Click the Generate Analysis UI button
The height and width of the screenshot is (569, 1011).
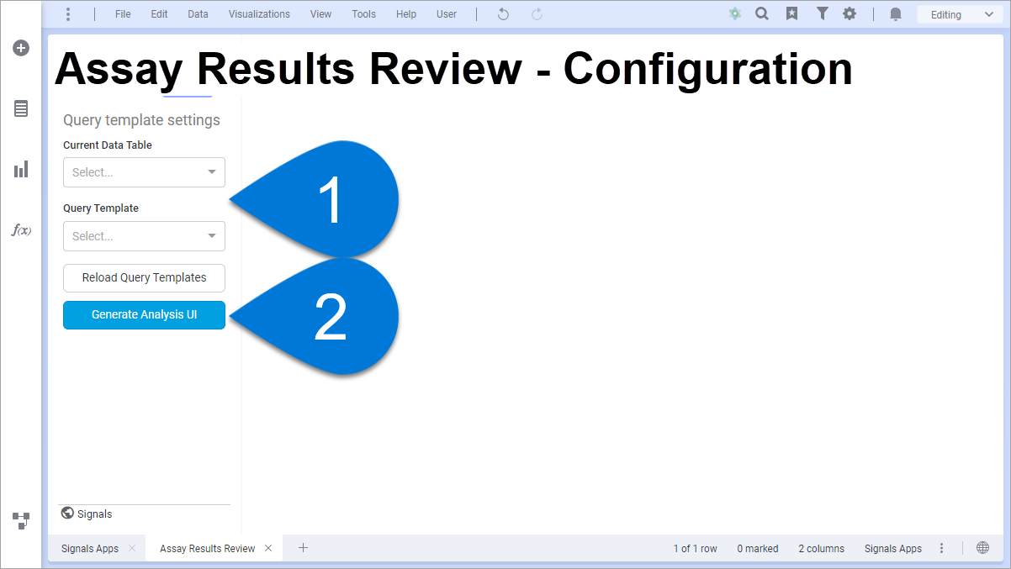[144, 314]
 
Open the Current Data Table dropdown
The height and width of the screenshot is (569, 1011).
[144, 172]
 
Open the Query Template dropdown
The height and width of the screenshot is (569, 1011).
[144, 236]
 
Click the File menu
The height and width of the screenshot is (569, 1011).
[123, 14]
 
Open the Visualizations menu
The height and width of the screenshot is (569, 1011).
[259, 14]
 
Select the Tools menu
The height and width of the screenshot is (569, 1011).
[364, 14]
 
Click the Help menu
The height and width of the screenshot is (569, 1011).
[406, 14]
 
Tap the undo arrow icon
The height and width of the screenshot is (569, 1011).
[503, 14]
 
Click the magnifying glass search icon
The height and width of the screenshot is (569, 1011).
[762, 14]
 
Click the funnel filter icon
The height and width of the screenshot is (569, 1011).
[823, 14]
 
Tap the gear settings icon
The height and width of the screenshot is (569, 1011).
[850, 14]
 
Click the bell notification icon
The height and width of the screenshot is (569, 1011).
[896, 14]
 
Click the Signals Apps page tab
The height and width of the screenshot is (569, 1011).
[90, 548]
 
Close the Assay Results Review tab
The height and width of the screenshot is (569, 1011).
[268, 548]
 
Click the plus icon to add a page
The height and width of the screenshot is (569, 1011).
[304, 548]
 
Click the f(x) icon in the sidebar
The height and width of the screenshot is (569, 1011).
[21, 230]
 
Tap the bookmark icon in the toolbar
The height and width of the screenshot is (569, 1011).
[791, 14]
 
